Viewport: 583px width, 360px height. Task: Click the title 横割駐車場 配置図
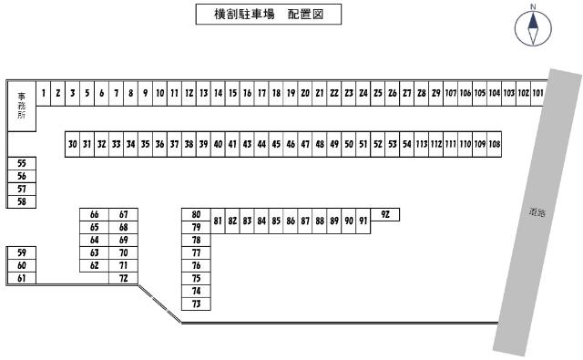269,15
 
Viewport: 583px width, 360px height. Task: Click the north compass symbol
530,28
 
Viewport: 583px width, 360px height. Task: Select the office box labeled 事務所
21,108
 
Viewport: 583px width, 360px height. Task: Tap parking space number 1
43,93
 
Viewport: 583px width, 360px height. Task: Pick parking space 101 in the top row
537,93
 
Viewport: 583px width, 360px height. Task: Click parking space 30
72,144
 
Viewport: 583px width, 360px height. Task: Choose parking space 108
494,144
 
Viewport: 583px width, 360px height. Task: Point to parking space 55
21,163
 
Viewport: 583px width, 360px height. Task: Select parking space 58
21,201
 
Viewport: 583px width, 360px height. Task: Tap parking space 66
94,215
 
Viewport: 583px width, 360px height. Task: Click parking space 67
123,215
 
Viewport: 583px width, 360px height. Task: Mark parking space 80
196,214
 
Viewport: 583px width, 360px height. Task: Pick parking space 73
196,303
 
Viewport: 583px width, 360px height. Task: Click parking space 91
363,221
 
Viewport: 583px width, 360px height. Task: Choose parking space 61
21,278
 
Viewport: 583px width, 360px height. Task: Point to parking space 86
290,221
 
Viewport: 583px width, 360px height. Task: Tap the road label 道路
536,214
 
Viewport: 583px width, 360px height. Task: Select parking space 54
406,144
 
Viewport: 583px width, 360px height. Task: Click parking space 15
232,93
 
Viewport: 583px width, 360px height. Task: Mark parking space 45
275,144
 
